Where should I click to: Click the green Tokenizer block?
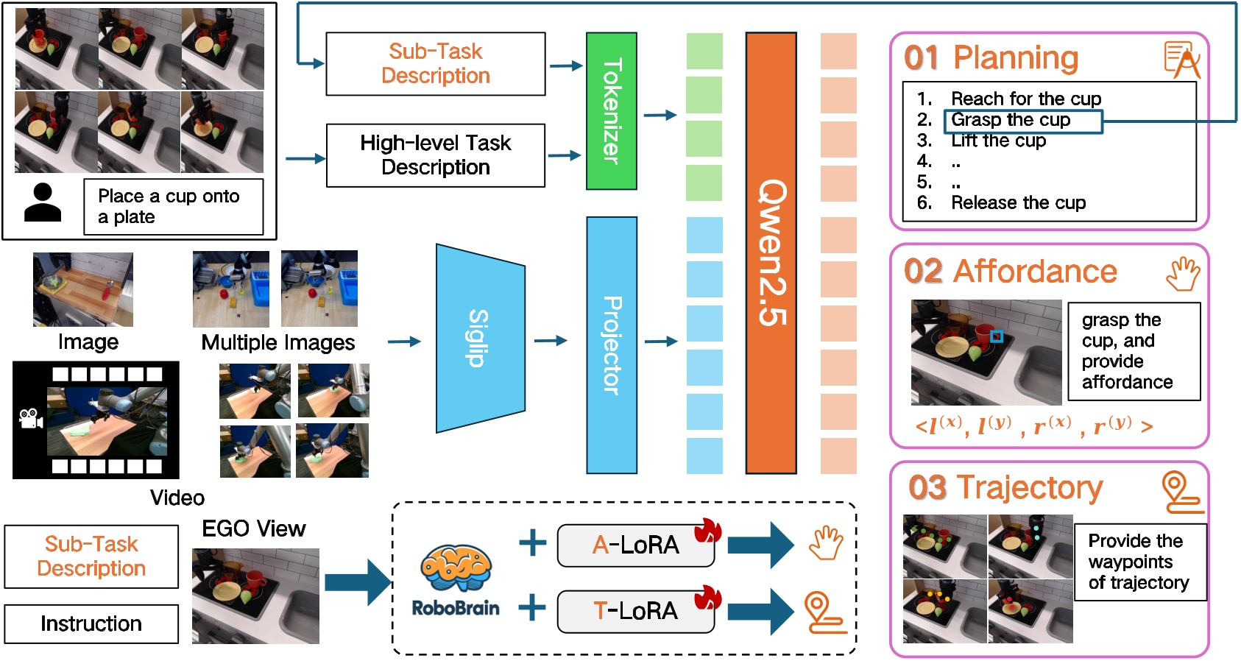coord(611,110)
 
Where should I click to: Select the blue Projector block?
coord(611,344)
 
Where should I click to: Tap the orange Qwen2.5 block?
coord(771,252)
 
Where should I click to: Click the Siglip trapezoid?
coord(479,339)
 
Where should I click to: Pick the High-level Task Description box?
coord(435,155)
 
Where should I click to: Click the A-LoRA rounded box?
coord(635,545)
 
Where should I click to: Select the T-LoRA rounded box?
coord(635,611)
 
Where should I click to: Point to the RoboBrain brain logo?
coord(456,568)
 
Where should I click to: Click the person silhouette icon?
coord(43,202)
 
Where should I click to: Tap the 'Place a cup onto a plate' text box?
coord(173,207)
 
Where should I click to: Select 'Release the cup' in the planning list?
coord(1018,202)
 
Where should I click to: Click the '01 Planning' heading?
coord(991,57)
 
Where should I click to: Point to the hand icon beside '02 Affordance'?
coord(1183,273)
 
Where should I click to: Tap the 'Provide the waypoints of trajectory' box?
coord(1139,562)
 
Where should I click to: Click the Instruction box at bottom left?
coord(91,623)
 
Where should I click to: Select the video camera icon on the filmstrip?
coord(30,419)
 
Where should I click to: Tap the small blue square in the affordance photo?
coord(996,336)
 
